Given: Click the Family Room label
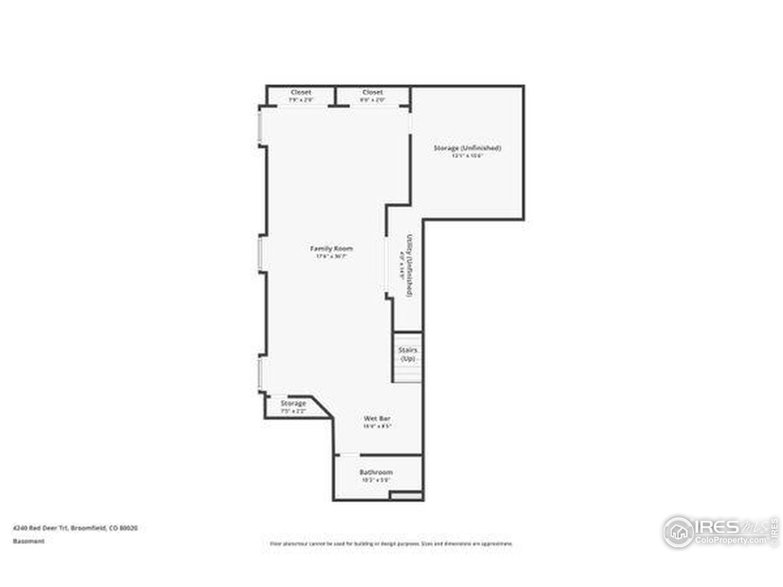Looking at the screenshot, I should click(x=332, y=248).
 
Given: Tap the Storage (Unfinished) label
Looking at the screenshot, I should click(x=467, y=148).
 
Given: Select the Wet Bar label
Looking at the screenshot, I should click(x=377, y=418).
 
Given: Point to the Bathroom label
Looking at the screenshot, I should click(x=376, y=472).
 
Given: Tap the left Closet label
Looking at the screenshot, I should click(x=301, y=92).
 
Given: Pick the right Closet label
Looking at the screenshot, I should click(x=372, y=92).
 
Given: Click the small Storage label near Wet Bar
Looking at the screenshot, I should click(x=293, y=404).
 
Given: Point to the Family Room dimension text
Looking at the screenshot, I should click(x=332, y=257).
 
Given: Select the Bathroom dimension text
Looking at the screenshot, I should click(x=376, y=480).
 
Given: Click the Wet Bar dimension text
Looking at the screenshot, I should click(x=377, y=426).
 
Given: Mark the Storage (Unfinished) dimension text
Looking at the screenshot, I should click(x=467, y=156).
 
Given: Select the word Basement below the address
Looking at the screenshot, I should click(x=29, y=541).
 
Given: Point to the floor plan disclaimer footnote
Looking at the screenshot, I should click(x=391, y=543).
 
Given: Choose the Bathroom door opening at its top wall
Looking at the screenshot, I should click(x=349, y=455).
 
